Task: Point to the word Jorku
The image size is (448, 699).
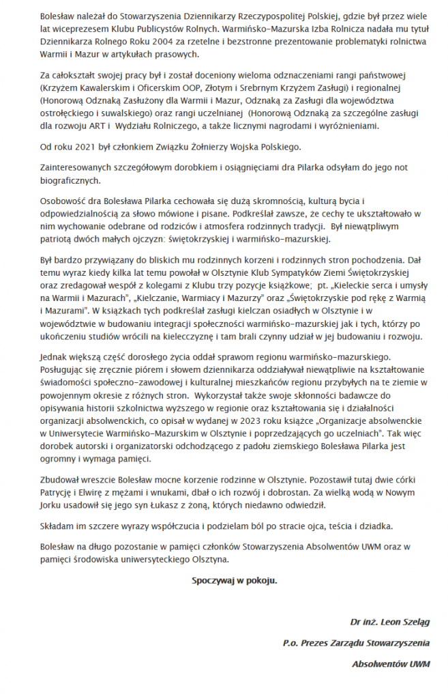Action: [50, 504]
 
